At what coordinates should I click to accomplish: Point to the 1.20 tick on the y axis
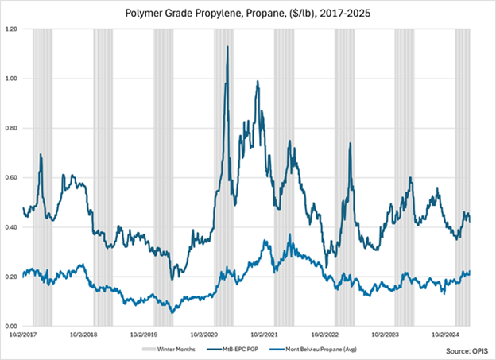point(14,29)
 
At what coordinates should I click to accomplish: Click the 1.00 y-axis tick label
point(14,79)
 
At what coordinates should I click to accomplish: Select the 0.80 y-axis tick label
point(14,128)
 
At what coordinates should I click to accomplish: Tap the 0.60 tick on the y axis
point(14,178)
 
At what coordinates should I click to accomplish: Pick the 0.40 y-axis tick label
point(14,227)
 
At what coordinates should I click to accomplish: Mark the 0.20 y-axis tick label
point(14,277)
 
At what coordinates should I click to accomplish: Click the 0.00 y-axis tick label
point(14,326)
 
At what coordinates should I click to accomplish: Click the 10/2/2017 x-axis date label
point(24,335)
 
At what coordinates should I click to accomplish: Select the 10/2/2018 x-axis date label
point(83,335)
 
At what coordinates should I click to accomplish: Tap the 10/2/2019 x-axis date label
point(144,335)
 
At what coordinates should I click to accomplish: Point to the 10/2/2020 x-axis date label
point(204,335)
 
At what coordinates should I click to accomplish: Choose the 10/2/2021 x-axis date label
point(265,335)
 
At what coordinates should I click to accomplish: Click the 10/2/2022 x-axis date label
point(325,335)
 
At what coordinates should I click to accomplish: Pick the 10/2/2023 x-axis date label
point(386,335)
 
